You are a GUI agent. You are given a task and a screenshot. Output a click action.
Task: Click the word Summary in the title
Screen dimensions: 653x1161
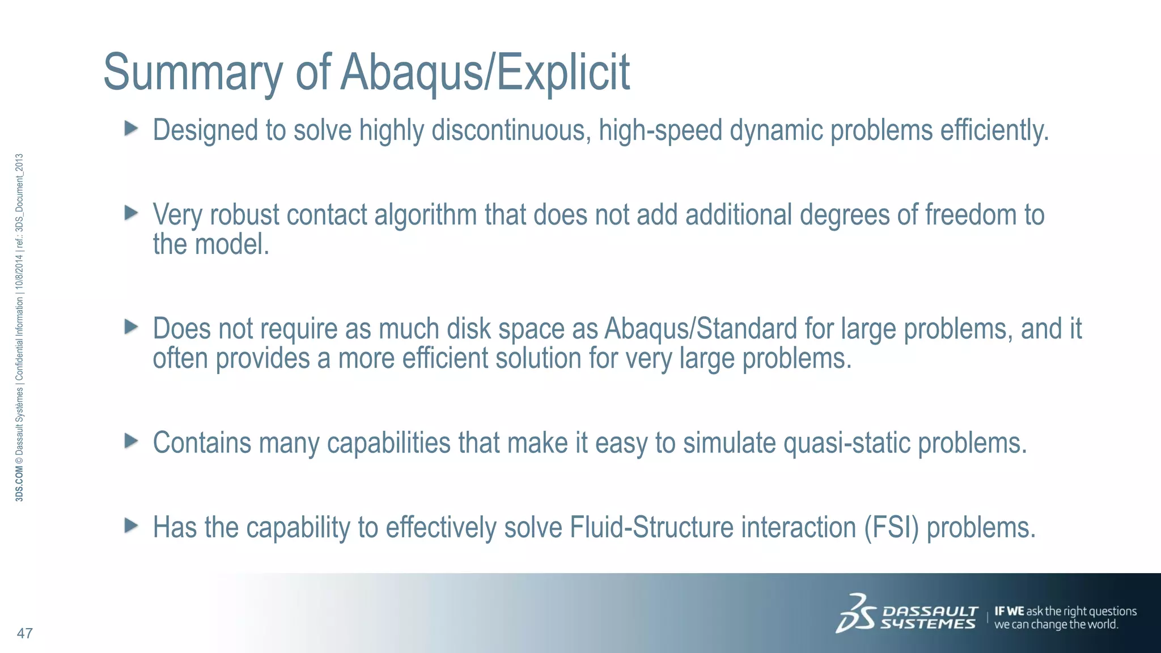pyautogui.click(x=193, y=73)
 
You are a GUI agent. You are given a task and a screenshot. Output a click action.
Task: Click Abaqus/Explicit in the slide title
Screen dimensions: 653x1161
pyautogui.click(x=485, y=73)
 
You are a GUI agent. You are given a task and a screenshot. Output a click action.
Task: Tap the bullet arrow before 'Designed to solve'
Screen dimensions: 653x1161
pyautogui.click(x=131, y=128)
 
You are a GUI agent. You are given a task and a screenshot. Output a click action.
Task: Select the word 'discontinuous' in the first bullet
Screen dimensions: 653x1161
pyautogui.click(x=511, y=130)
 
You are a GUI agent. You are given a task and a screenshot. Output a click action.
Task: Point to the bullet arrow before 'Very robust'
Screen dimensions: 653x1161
pyautogui.click(x=131, y=213)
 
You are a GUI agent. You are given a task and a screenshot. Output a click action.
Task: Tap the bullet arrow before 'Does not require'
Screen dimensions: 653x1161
pyautogui.click(x=131, y=326)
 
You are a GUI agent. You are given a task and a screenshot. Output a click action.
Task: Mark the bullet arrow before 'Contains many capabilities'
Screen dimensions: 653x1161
pyautogui.click(x=131, y=440)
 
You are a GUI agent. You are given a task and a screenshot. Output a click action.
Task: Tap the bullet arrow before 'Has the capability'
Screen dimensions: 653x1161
pyautogui.click(x=131, y=525)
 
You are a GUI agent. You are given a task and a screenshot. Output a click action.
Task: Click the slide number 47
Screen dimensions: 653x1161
pyautogui.click(x=25, y=633)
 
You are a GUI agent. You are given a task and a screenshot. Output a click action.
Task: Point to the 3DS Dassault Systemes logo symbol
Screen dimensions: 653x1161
pyautogui.click(x=856, y=613)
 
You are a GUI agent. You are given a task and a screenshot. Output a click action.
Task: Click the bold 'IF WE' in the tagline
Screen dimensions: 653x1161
pyautogui.click(x=1009, y=611)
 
